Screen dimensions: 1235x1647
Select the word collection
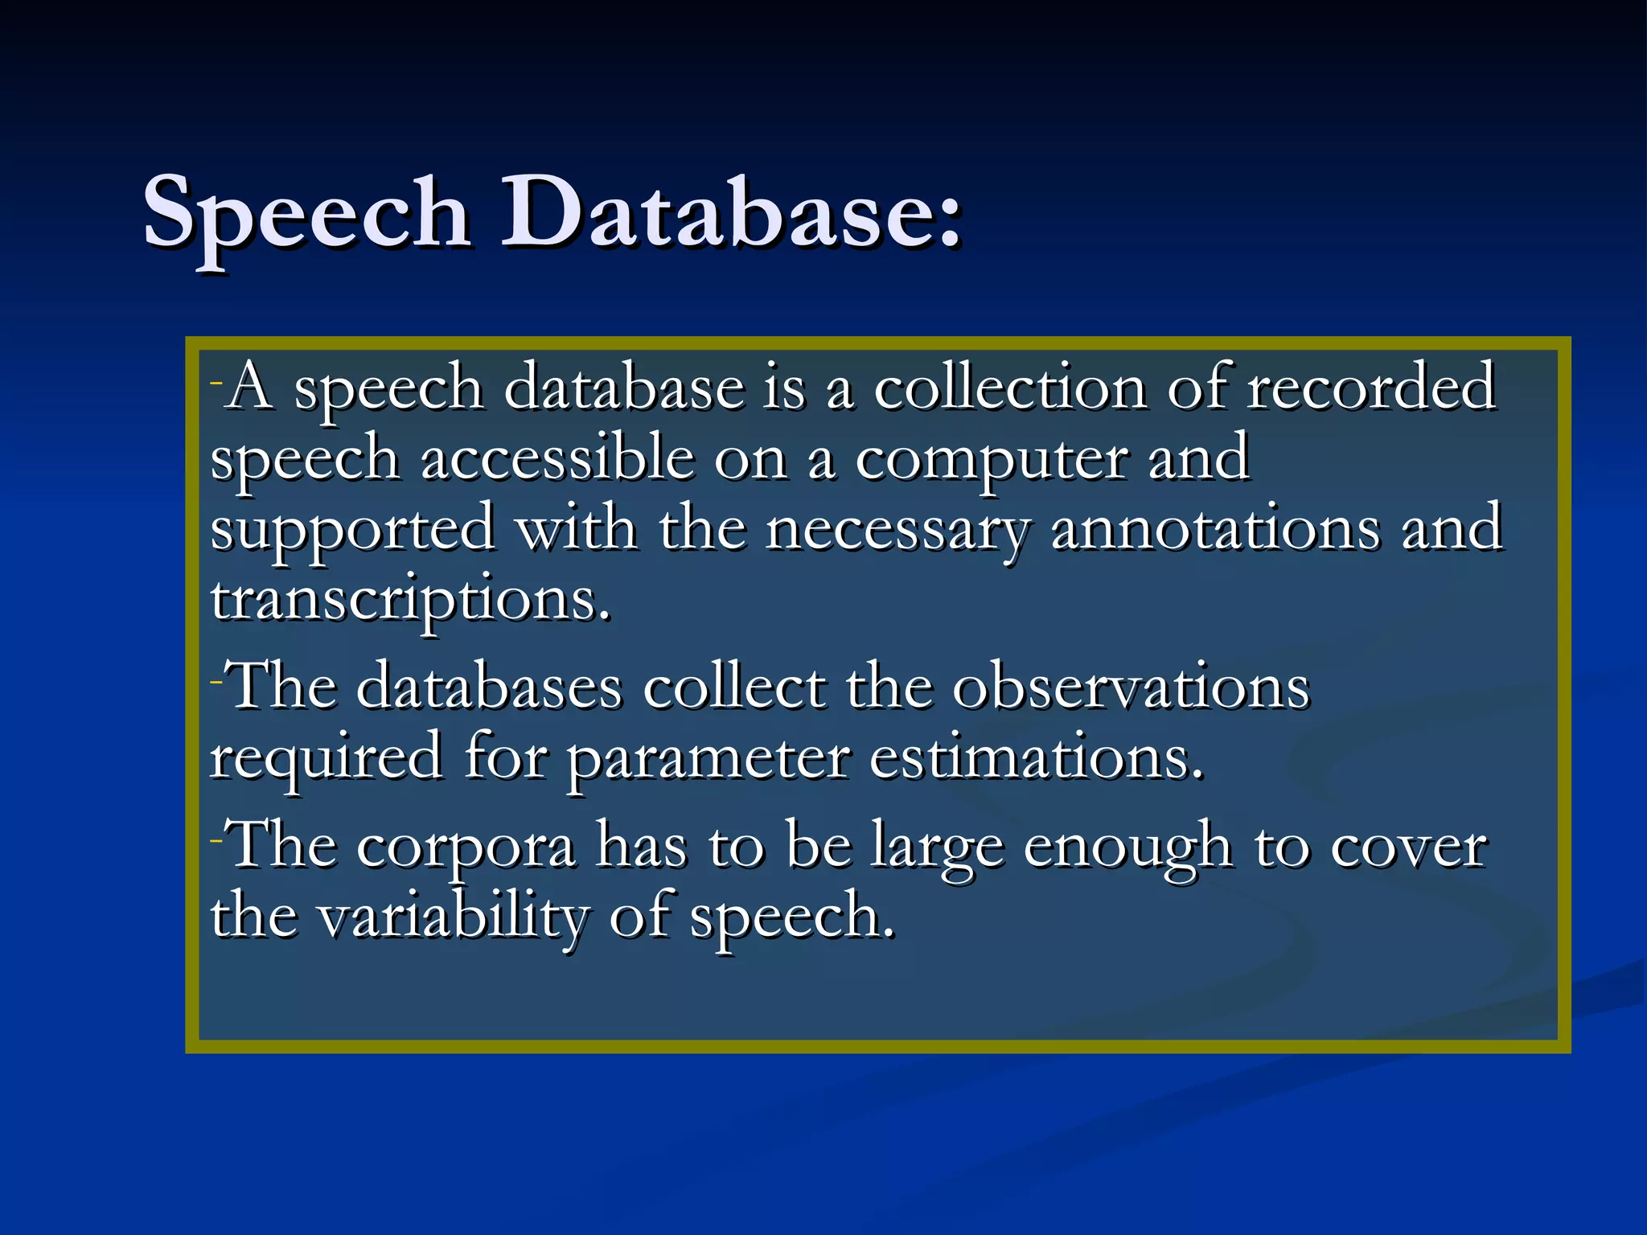[x=1009, y=388]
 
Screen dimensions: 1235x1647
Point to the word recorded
[x=1371, y=388]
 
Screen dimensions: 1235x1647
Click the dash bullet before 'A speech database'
[x=216, y=381]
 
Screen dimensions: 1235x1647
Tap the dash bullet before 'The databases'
[x=216, y=682]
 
